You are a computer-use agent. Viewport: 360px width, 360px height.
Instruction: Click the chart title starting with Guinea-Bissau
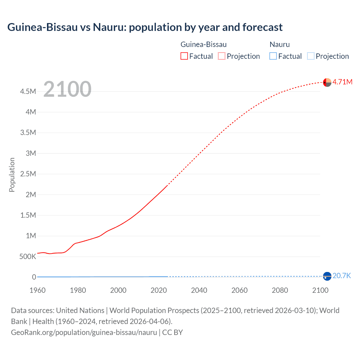(145, 27)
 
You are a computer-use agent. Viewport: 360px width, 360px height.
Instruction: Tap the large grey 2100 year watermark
(67, 89)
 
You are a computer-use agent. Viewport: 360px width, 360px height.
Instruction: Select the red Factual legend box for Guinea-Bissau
(184, 56)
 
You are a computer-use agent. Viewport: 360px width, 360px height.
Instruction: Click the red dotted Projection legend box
(222, 56)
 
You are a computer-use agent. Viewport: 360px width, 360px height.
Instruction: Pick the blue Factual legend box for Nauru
(273, 56)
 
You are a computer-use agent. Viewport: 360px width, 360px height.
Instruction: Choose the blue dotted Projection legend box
(310, 56)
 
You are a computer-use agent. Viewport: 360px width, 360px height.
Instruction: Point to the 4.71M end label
(342, 82)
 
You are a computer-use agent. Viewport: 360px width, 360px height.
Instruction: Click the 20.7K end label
(341, 276)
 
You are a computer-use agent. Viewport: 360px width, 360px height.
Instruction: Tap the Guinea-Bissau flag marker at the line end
(327, 82)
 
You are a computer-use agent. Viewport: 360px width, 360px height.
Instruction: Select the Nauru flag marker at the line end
(327, 276)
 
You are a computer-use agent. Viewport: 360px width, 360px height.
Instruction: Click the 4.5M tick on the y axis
(28, 91)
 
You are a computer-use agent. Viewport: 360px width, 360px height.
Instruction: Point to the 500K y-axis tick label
(28, 256)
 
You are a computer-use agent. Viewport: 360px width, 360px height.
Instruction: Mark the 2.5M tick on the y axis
(28, 174)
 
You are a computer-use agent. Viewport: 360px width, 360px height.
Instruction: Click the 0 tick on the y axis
(34, 277)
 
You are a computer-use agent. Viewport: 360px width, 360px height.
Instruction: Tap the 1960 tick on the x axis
(37, 290)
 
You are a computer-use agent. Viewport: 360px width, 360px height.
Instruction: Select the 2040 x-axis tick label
(199, 290)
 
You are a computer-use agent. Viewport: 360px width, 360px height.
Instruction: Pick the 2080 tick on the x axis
(280, 290)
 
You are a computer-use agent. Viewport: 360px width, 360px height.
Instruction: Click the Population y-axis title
(12, 175)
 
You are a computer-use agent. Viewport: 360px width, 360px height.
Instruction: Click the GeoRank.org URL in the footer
(84, 332)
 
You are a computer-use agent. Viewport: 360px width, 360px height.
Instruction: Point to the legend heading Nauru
(280, 44)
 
